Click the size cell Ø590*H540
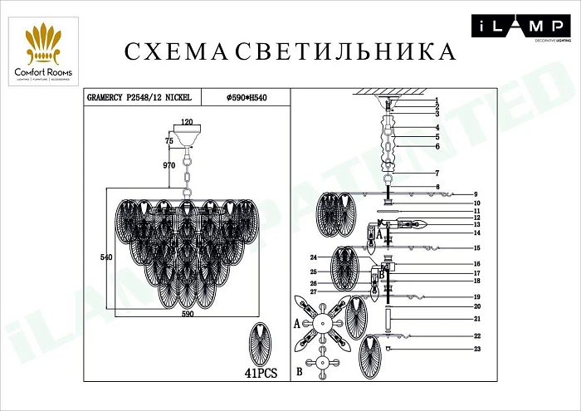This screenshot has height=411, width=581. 247,98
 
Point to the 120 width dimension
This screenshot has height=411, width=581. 188,122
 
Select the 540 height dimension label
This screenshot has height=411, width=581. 105,257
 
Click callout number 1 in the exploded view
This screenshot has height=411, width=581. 436,100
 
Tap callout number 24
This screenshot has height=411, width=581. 314,257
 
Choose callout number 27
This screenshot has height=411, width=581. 314,291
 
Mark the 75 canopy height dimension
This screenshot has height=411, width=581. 169,142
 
